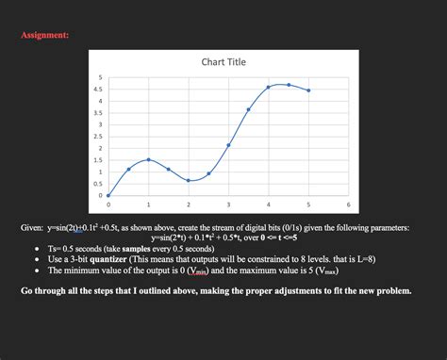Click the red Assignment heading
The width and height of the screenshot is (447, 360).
point(44,35)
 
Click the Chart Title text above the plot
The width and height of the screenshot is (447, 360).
point(223,62)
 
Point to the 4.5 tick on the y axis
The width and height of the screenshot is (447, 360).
point(99,89)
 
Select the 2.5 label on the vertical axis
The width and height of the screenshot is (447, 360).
point(99,137)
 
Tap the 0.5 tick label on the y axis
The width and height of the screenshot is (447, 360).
point(99,184)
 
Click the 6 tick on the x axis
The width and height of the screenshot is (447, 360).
point(348,205)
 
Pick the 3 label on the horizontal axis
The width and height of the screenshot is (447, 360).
point(228,205)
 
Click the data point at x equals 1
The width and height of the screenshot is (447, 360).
point(148,160)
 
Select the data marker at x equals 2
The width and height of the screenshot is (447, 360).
point(189,180)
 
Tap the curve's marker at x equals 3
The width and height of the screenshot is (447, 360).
point(228,145)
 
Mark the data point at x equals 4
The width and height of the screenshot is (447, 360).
point(269,87)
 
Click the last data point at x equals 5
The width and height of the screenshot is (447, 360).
point(308,90)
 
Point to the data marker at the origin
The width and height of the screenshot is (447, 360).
point(108,195)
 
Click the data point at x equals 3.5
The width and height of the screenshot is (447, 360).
point(248,109)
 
